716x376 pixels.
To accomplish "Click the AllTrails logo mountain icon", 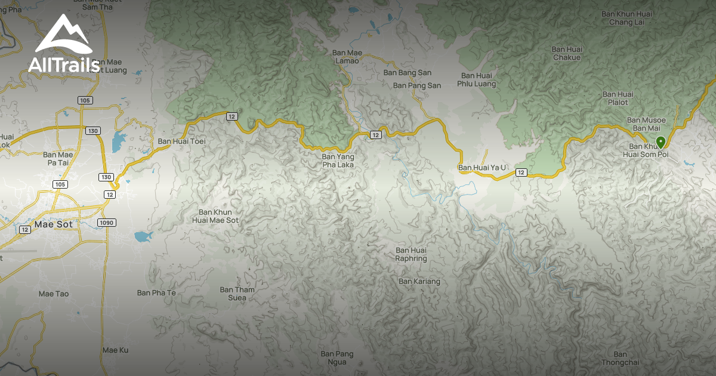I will point(63,35).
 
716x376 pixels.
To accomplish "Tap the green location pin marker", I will point(661,142).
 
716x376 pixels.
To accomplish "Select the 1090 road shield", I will point(107,222).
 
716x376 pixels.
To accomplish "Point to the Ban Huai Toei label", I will point(181,142).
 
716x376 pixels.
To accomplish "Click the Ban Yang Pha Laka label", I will point(338,161).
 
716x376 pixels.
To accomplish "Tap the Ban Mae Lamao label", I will point(347,57).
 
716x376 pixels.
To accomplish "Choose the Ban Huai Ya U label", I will point(482,168).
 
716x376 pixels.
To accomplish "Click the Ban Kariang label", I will point(419,281).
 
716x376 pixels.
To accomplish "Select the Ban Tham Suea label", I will point(237,294).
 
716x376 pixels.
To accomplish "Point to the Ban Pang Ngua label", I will point(337,358).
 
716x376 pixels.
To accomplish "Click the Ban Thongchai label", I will point(621,358).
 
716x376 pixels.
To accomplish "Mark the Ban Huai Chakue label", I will point(566,53).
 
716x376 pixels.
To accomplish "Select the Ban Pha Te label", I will point(156,292).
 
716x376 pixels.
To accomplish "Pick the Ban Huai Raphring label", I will point(411,254).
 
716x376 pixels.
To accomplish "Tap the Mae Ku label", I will point(115,350).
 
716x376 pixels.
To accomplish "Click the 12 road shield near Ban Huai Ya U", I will point(521,172).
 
